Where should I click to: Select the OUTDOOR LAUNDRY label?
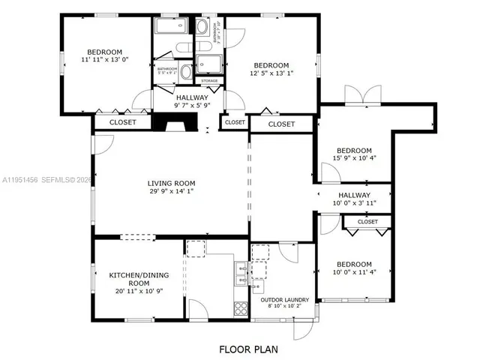pyautogui.click(x=284, y=300)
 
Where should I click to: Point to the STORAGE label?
pyautogui.click(x=209, y=80)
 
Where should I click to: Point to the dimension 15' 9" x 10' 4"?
pyautogui.click(x=354, y=159)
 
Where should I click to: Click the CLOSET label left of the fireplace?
pyautogui.click(x=123, y=121)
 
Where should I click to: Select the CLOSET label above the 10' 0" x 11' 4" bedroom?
pyautogui.click(x=367, y=222)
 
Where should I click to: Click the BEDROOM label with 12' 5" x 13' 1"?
pyautogui.click(x=271, y=65)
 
